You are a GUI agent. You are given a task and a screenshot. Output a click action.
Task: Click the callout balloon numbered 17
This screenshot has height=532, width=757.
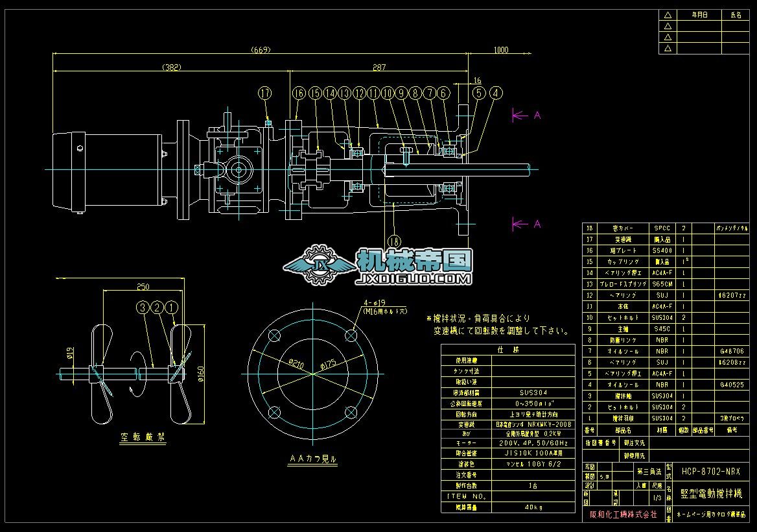[264, 93]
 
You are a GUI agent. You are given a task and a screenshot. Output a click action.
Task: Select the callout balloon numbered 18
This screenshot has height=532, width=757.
[394, 240]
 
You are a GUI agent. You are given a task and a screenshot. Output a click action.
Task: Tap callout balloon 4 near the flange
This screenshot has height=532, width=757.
[496, 93]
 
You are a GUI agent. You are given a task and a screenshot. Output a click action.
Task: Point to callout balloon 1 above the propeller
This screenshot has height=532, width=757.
[172, 308]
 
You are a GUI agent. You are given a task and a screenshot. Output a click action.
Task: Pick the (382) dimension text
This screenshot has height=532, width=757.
[171, 67]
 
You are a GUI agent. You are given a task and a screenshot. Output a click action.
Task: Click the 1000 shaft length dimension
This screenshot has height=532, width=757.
[501, 49]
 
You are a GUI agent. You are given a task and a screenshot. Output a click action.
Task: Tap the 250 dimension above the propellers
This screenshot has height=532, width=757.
[143, 287]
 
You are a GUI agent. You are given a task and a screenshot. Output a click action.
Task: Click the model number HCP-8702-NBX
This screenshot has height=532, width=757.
[710, 472]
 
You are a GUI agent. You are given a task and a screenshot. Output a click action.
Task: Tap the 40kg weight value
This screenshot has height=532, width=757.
[533, 507]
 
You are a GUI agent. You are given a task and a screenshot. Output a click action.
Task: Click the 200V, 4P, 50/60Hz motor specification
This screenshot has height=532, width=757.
[533, 442]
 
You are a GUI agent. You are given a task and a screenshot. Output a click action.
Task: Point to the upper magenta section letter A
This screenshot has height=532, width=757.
[537, 115]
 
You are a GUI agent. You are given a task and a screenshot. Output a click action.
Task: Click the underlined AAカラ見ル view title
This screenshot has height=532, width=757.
[313, 459]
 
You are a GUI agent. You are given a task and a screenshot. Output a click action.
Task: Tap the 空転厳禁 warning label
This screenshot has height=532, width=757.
[144, 438]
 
